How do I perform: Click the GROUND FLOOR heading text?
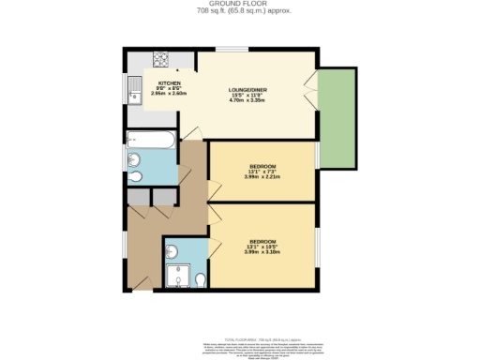240,5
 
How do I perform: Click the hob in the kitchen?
160,62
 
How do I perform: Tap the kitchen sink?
133,91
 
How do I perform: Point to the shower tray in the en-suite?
175,275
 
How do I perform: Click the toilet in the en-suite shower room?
200,278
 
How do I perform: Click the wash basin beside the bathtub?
132,158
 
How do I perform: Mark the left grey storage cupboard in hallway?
138,197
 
